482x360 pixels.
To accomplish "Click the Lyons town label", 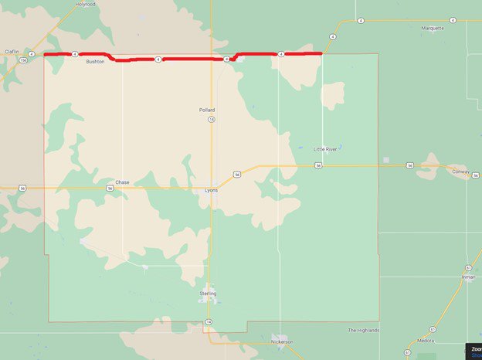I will (x=211, y=189).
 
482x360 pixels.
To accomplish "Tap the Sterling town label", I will (x=208, y=294).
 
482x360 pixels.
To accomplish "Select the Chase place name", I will (x=122, y=182).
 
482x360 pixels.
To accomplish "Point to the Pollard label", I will (x=207, y=110).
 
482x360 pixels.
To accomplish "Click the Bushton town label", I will (x=95, y=61).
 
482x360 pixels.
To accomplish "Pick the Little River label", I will (x=325, y=148).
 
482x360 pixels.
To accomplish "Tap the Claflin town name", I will (x=12, y=51).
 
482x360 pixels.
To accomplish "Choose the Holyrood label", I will (x=85, y=4).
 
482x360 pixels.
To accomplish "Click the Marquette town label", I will (x=433, y=28).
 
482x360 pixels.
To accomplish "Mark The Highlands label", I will (x=363, y=330).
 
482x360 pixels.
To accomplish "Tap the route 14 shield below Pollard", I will (x=211, y=120).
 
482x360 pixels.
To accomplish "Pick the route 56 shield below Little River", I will (x=318, y=165).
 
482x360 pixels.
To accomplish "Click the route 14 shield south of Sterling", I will (x=208, y=321).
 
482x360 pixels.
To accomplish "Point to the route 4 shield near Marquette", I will (x=332, y=36).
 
